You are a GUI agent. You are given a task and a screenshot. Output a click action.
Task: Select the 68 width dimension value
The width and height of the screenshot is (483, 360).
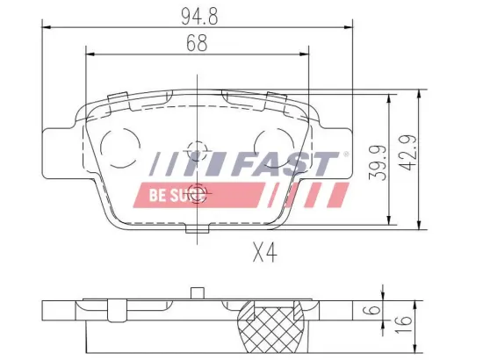(x=197, y=43)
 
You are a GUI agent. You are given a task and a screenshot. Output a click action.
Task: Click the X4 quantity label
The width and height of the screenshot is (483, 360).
(x=263, y=255)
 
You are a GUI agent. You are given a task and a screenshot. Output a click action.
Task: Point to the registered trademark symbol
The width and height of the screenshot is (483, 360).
(x=345, y=155)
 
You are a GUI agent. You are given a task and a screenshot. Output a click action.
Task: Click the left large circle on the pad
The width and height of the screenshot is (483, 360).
(x=121, y=141)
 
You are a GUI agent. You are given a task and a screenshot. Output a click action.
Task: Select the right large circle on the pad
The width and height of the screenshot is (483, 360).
(x=273, y=141)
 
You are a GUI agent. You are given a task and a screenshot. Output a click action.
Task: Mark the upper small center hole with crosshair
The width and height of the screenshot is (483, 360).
(x=198, y=148)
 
